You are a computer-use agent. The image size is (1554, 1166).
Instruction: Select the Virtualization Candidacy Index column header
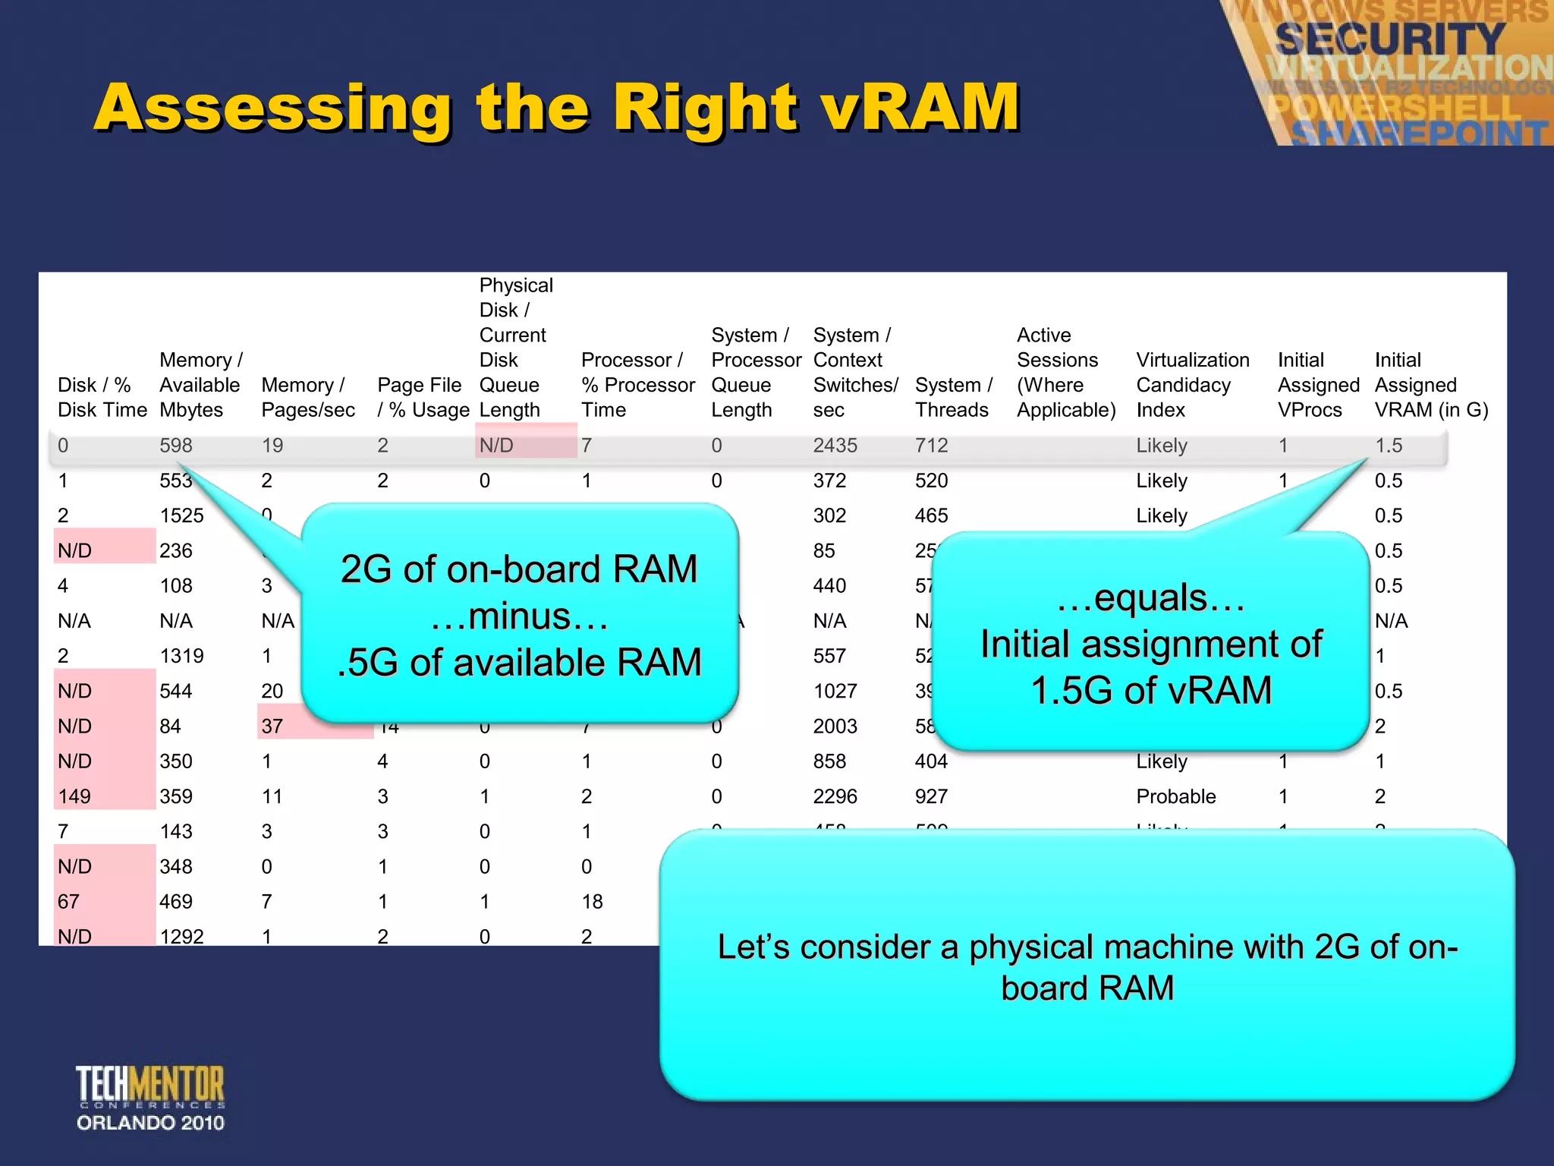[1192, 385]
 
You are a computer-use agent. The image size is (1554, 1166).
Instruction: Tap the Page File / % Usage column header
[423, 397]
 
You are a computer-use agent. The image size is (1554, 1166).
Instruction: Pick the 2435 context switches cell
[835, 446]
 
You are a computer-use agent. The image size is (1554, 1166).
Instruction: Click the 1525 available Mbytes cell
[181, 516]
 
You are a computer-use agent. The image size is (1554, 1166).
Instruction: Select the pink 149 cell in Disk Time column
[75, 796]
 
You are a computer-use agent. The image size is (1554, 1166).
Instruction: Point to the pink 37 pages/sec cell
[273, 726]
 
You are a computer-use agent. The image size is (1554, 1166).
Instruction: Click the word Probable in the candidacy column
[1175, 796]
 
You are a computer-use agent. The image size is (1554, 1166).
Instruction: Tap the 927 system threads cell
[931, 796]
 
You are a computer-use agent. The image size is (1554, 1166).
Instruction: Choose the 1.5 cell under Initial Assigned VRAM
[1389, 446]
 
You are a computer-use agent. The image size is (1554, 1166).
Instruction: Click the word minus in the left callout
[519, 616]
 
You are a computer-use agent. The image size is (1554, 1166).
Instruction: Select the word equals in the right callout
[1150, 597]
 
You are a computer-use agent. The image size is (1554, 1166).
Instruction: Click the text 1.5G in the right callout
[1073, 691]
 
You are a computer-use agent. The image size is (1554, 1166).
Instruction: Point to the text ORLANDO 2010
[150, 1123]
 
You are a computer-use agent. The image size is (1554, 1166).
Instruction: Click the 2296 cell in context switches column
[835, 796]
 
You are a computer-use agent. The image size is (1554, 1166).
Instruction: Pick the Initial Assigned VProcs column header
[1317, 385]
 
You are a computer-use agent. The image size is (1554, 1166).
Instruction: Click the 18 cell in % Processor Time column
[592, 902]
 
